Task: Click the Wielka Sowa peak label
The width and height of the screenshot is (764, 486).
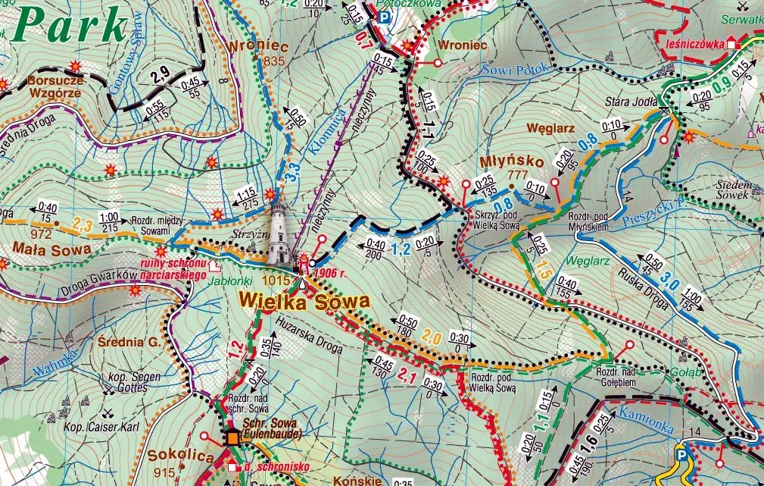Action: pos(304,301)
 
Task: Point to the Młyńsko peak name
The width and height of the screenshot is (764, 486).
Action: pos(501,162)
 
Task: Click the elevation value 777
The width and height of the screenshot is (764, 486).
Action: pos(517,175)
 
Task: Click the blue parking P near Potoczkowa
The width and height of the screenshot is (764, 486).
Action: pos(385,17)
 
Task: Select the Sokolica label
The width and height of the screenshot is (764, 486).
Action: pos(172,456)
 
